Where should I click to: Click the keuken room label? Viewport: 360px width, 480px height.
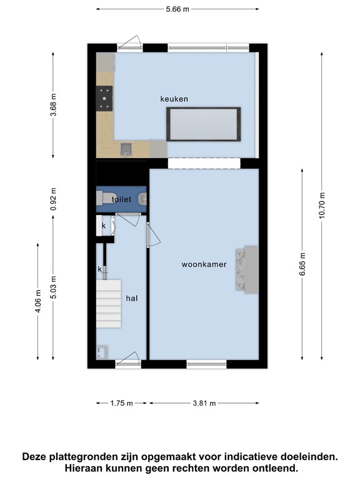point(174,99)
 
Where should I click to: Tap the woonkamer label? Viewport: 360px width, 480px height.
point(204,264)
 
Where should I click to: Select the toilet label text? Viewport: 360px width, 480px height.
point(121,199)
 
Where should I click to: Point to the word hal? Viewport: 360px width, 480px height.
point(132,298)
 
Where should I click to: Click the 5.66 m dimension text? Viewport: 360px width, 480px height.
point(177,9)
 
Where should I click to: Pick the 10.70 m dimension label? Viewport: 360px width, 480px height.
point(321,206)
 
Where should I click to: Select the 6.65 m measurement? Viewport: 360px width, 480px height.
point(302,264)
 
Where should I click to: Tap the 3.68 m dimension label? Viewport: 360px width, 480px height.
point(53,105)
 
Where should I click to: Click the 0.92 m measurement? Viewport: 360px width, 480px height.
point(53,199)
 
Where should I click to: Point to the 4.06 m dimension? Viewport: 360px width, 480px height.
point(38,301)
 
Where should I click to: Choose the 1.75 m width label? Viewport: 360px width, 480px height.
point(121,403)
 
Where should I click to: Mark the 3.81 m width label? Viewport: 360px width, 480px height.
point(204,403)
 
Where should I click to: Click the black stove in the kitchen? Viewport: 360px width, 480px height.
point(104,99)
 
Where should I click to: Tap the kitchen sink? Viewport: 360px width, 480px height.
point(126,149)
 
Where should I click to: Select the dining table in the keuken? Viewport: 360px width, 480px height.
point(204,124)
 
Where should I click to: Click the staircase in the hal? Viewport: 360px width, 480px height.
point(109,304)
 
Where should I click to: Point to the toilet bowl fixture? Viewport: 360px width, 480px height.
point(106,197)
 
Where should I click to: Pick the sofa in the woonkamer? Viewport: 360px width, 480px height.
point(247,269)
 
